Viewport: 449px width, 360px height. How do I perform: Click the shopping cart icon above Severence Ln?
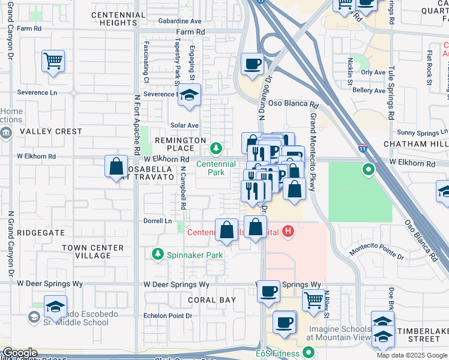pyautogui.click(x=53, y=60)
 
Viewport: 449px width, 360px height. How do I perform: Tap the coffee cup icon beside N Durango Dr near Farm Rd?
pyautogui.click(x=253, y=64)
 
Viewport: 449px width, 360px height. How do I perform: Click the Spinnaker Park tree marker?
pyautogui.click(x=158, y=254)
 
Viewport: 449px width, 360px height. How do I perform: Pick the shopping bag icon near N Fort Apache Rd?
pyautogui.click(x=116, y=166)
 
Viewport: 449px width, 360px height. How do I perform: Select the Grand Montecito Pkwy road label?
pyautogui.click(x=312, y=147)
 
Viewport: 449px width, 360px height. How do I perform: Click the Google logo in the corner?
pyautogui.click(x=19, y=353)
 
